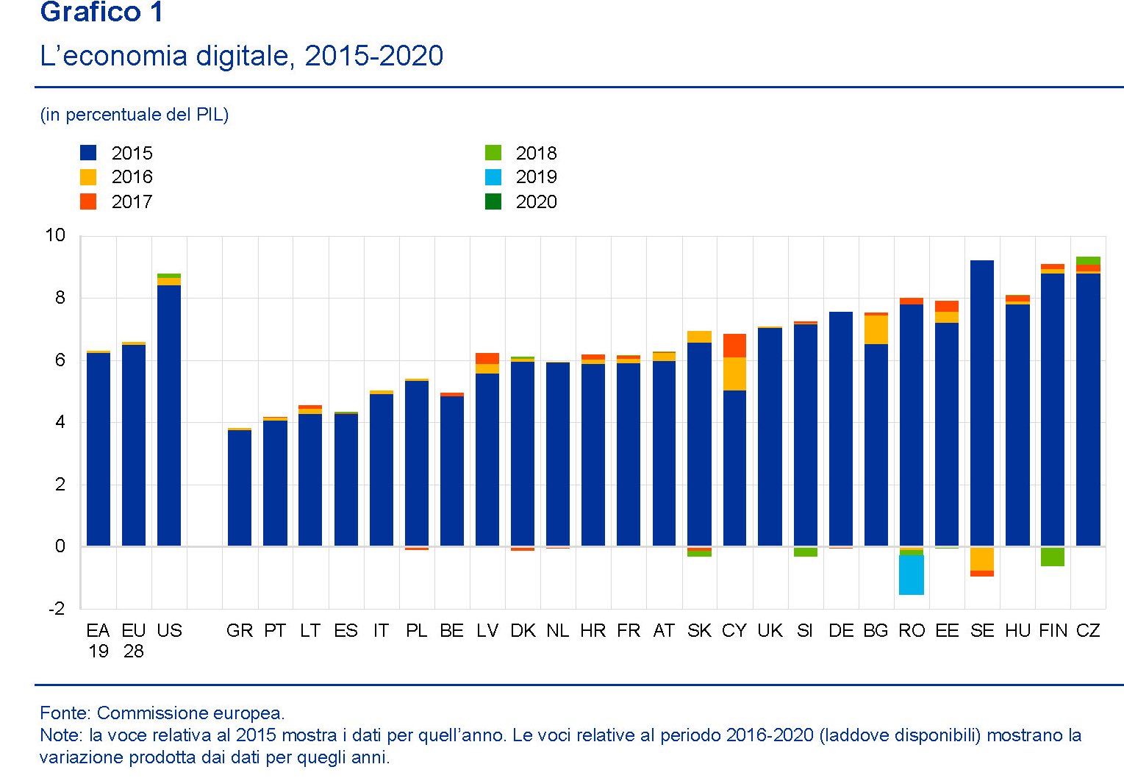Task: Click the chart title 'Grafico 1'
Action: (x=101, y=12)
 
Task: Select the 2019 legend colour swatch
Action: (x=493, y=177)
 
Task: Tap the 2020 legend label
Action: (x=536, y=201)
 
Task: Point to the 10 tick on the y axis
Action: (x=55, y=235)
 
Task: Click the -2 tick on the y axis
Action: (x=57, y=609)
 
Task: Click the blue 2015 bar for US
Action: (x=169, y=415)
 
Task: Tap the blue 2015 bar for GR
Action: (x=240, y=488)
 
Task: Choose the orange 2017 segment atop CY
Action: (x=734, y=346)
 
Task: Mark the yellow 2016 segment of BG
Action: (x=876, y=329)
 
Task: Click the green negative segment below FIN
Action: (x=1053, y=557)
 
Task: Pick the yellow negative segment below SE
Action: (x=982, y=559)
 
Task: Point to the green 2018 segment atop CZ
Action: (x=1088, y=260)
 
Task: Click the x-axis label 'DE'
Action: (x=841, y=631)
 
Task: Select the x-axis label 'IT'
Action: (x=381, y=631)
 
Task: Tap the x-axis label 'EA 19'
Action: (x=98, y=640)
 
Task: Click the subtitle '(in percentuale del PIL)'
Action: (x=135, y=115)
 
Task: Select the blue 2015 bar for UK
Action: (x=770, y=437)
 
